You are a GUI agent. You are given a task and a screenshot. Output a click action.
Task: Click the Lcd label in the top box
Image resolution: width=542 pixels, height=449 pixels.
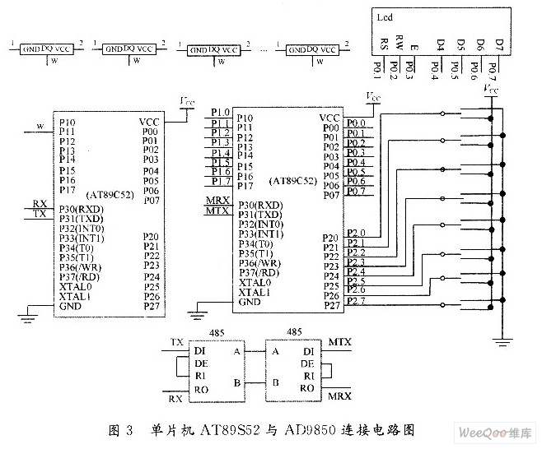pyautogui.click(x=385, y=16)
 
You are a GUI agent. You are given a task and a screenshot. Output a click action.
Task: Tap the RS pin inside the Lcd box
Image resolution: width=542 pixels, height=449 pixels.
pyautogui.click(x=384, y=44)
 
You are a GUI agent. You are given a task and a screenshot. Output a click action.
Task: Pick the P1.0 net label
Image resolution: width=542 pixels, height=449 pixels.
pyautogui.click(x=219, y=113)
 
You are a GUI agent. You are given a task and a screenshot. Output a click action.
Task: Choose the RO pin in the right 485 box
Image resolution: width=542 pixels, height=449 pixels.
pyautogui.click(x=308, y=387)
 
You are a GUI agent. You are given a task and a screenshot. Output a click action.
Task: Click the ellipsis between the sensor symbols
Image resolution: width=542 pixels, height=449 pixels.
pyautogui.click(x=262, y=49)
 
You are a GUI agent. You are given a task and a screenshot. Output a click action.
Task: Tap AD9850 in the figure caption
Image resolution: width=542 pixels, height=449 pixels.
pyautogui.click(x=308, y=430)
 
